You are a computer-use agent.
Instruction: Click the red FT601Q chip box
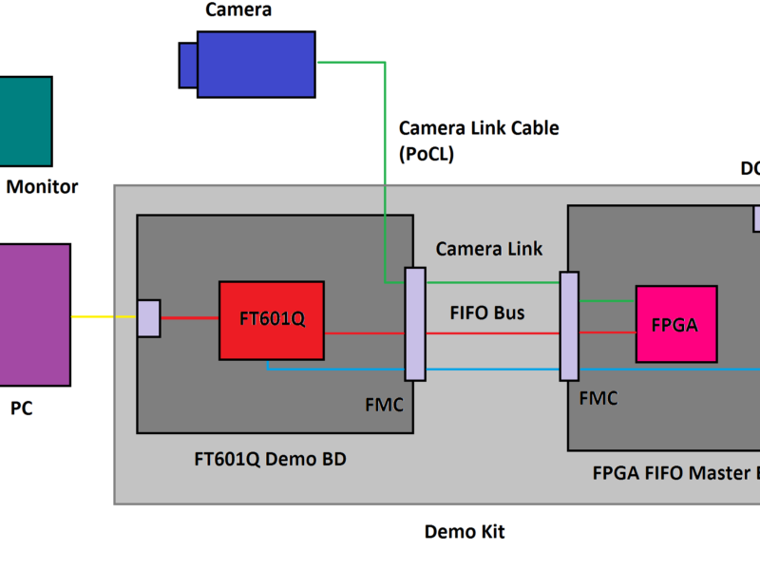click(271, 320)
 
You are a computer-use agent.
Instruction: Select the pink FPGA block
click(675, 324)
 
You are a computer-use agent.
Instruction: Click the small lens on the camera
click(187, 64)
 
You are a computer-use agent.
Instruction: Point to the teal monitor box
click(26, 121)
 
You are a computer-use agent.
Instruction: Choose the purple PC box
click(34, 314)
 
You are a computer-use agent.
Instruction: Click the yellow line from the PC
click(104, 317)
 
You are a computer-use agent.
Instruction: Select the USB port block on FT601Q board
click(148, 318)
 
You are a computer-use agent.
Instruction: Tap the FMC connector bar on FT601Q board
click(415, 324)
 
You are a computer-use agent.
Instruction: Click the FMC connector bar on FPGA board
click(569, 326)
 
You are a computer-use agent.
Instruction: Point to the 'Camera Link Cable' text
click(479, 128)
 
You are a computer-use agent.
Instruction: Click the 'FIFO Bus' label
click(487, 312)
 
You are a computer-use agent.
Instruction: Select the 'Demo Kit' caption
click(464, 532)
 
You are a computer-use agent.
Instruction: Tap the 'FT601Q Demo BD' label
click(270, 460)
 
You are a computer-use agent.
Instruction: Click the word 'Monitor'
click(43, 187)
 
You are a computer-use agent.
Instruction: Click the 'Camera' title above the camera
click(238, 10)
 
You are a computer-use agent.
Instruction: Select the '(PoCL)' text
click(427, 154)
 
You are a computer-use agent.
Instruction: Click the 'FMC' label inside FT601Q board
click(384, 405)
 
